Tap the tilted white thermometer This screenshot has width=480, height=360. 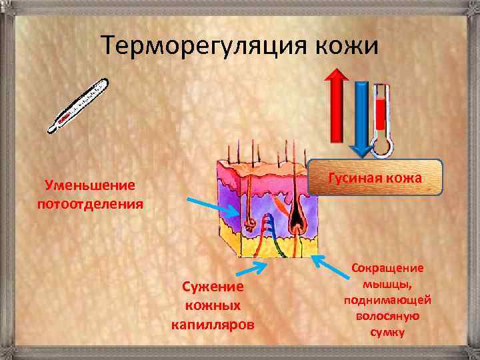click(77, 105)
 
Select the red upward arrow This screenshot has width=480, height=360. click(337, 107)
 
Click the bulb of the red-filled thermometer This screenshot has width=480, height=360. click(382, 147)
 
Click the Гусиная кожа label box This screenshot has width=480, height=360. click(375, 178)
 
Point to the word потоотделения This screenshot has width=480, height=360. click(90, 202)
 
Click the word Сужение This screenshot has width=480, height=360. click(211, 288)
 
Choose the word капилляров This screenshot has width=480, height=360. click(211, 325)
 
